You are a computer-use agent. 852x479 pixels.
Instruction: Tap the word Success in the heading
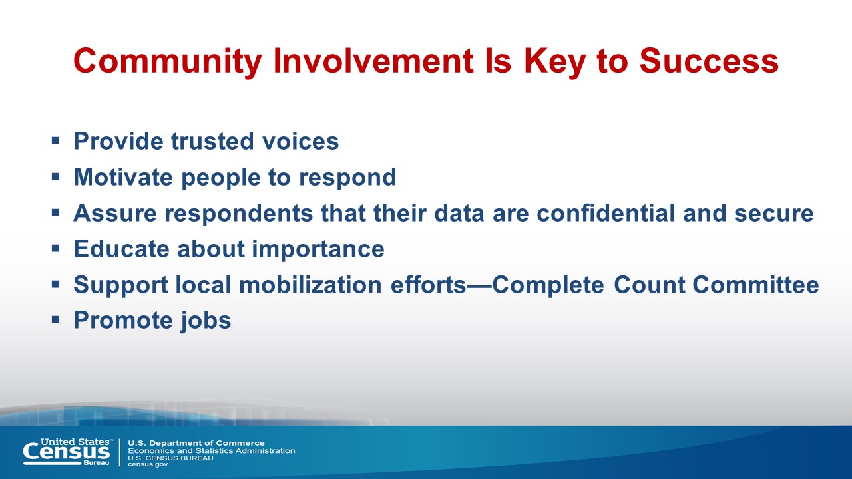(710, 61)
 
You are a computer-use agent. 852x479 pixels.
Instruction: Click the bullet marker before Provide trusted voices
(55, 142)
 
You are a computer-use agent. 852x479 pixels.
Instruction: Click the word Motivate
(123, 177)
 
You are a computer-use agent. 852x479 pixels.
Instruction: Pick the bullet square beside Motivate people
(55, 177)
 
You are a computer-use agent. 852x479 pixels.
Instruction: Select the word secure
(774, 214)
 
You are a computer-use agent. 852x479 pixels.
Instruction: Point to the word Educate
(121, 249)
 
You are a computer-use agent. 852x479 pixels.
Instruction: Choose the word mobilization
(310, 285)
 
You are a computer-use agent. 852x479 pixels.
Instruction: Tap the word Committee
(755, 285)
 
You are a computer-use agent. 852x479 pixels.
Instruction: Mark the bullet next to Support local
(55, 284)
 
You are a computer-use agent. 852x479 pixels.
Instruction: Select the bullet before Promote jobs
(55, 320)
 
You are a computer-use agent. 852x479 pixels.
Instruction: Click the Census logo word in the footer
(66, 452)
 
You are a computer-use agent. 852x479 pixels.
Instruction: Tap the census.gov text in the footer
(148, 465)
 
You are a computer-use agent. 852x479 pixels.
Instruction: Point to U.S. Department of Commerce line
(196, 443)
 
